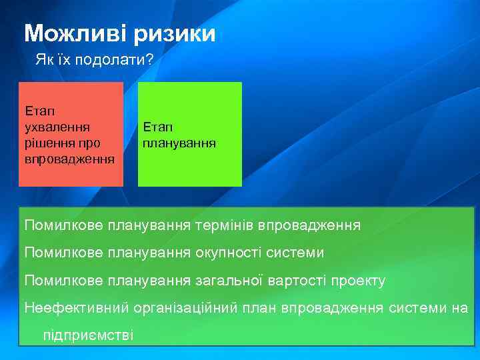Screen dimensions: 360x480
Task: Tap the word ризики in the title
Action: coord(174,33)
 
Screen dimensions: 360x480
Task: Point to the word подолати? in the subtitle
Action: coord(115,61)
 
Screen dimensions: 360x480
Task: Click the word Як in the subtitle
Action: coord(44,61)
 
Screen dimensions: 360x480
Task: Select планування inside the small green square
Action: coord(179,143)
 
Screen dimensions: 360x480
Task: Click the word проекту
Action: coord(360,281)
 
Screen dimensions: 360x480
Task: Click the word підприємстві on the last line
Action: coord(88,335)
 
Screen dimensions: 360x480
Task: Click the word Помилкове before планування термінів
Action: coord(63,225)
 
